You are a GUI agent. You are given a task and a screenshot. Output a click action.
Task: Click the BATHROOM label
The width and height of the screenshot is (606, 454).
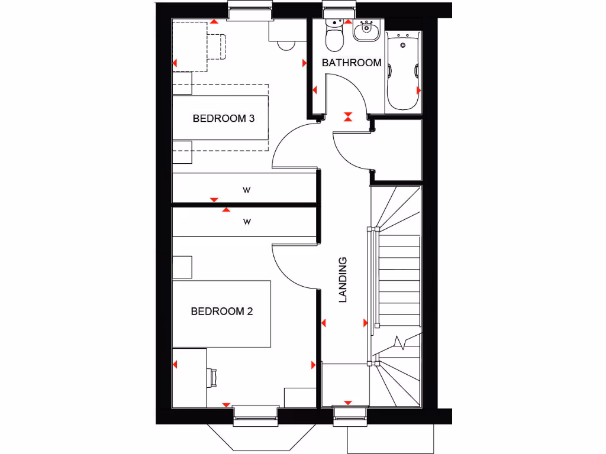351,63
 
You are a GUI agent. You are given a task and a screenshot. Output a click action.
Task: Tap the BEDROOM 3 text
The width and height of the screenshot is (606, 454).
223,119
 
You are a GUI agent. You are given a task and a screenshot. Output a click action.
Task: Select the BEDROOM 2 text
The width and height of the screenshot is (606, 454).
221,312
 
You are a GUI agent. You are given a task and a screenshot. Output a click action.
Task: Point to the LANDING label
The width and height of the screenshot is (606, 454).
343,280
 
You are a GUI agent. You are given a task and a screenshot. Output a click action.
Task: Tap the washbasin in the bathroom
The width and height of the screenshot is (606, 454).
366,31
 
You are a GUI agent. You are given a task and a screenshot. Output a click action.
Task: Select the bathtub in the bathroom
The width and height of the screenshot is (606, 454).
402,71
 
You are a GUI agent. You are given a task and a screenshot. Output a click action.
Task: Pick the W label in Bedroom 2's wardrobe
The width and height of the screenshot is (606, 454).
247,222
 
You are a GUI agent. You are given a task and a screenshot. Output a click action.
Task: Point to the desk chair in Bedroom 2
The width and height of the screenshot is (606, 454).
212,376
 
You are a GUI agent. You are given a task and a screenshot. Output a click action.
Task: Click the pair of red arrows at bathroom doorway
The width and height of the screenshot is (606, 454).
348,116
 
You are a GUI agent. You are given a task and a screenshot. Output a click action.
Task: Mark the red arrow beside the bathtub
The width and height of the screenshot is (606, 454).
419,90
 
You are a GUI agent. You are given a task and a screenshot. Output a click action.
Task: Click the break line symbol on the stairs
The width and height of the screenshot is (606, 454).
400,342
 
